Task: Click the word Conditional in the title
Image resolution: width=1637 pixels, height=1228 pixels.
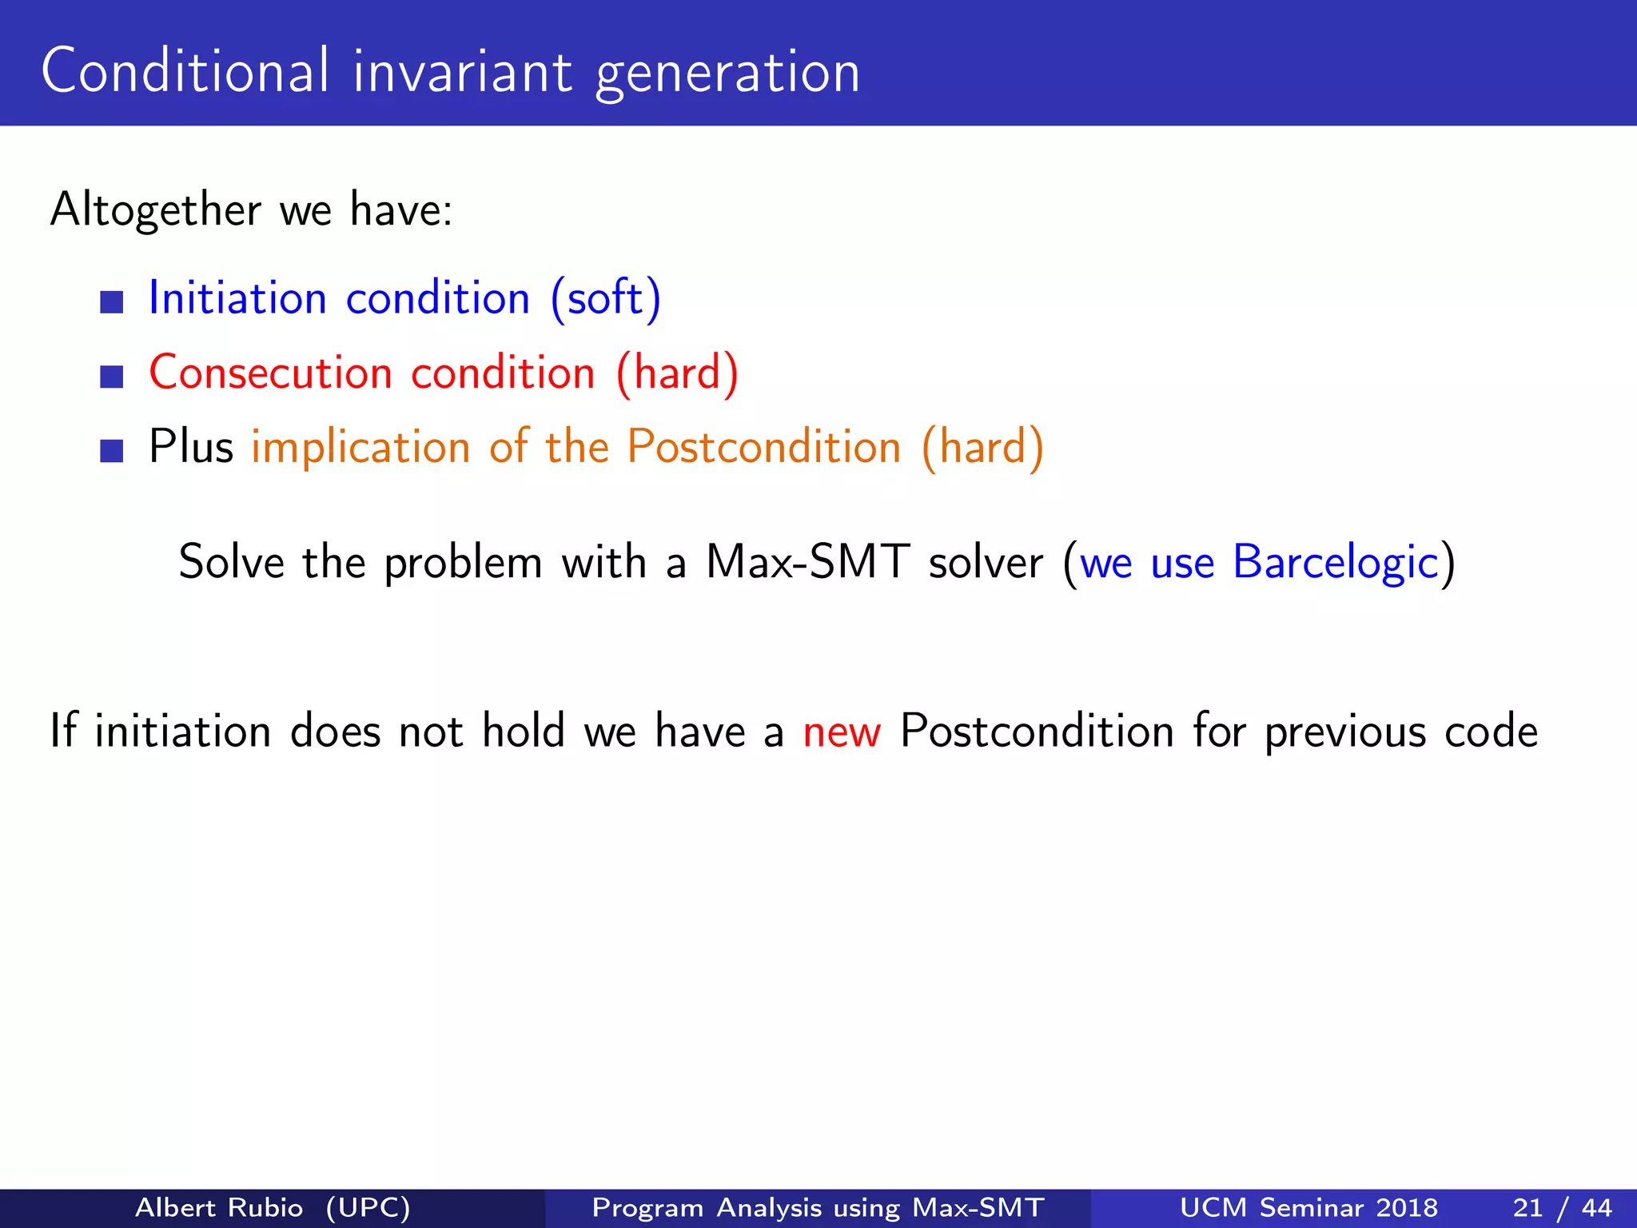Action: point(185,71)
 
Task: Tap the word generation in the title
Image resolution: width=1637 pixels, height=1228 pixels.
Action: point(727,74)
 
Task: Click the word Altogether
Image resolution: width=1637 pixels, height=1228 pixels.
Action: point(156,209)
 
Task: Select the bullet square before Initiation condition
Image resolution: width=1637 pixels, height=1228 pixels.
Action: point(112,302)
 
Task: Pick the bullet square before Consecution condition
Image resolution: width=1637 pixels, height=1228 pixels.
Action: point(112,377)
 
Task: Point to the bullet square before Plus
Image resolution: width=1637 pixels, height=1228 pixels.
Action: point(112,451)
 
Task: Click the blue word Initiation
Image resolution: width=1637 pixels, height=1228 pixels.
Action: point(237,298)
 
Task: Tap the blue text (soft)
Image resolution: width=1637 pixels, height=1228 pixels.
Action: point(606,298)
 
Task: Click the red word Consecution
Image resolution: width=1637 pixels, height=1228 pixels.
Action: point(271,373)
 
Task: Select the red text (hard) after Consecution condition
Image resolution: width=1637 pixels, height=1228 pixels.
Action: point(677,373)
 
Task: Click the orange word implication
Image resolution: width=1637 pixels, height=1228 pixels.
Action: point(360,447)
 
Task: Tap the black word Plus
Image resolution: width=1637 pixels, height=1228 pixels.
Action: point(191,446)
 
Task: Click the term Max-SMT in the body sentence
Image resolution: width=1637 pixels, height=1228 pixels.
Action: point(807,561)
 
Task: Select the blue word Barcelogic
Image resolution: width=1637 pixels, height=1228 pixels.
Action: point(1336,563)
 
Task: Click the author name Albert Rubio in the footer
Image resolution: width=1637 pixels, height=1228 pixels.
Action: point(219,1207)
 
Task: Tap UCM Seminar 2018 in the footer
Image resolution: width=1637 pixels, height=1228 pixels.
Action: point(1308,1207)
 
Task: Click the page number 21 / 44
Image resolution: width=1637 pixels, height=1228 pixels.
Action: point(1562,1207)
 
